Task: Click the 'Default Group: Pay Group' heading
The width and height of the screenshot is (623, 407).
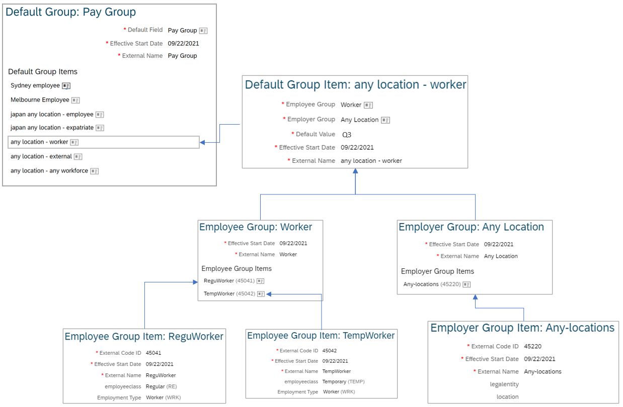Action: point(70,12)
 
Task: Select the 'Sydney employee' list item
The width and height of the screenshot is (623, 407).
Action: point(35,85)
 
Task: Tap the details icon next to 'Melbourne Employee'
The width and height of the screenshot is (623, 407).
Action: point(75,100)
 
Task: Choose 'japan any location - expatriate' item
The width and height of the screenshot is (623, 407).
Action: point(52,128)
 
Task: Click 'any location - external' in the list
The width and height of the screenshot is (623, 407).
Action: point(41,156)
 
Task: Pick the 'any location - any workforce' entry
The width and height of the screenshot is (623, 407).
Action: point(49,171)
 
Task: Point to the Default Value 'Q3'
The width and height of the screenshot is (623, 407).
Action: point(347,135)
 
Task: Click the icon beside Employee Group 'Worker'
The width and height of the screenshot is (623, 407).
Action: point(368,105)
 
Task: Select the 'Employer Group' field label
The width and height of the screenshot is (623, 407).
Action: point(311,119)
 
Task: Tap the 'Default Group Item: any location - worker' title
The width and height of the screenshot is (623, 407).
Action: point(355,85)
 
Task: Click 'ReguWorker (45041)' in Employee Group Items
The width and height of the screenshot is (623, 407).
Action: point(229,281)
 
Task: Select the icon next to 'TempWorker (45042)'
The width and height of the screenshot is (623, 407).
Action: point(261,294)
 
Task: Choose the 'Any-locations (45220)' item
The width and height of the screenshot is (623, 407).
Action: point(432,284)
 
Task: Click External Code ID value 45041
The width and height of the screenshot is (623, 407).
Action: point(153,353)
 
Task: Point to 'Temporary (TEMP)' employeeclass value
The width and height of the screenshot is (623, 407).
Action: point(343,382)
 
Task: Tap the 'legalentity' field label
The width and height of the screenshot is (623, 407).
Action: point(504,384)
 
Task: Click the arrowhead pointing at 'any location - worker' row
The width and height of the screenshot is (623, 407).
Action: point(202,142)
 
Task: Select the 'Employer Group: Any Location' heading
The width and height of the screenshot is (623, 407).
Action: point(471,227)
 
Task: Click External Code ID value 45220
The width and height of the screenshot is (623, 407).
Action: point(532,347)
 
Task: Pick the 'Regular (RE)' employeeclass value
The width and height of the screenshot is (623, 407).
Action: point(162,386)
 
